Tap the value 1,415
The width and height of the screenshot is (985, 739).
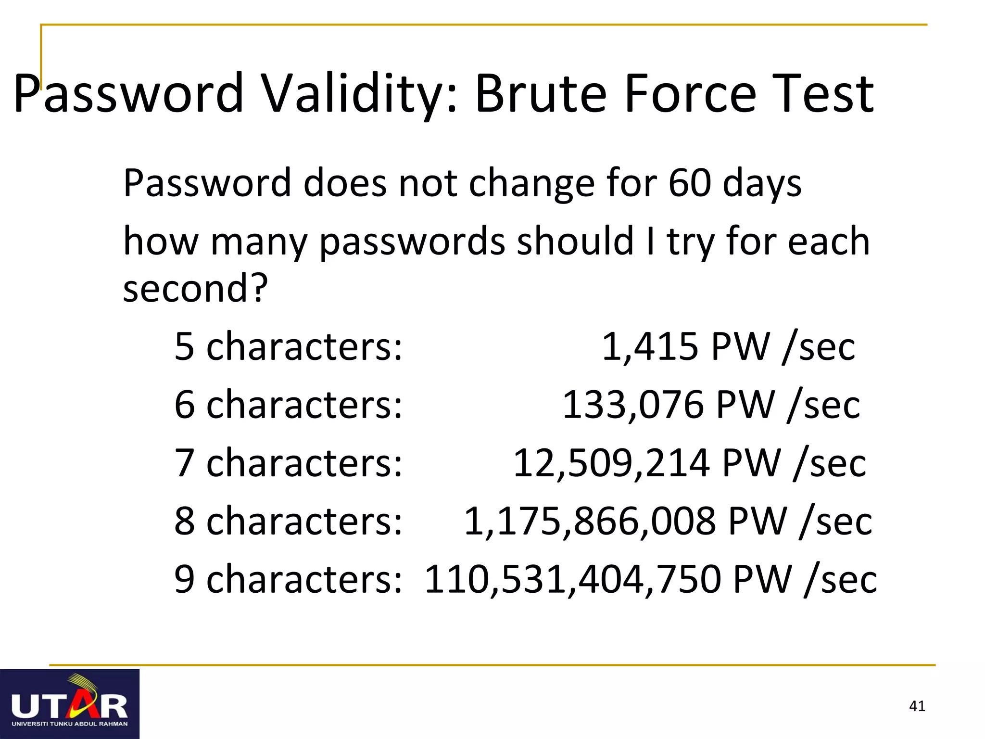[x=650, y=346]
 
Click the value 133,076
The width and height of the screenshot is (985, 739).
[x=633, y=405]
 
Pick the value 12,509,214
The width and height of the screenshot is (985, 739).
[x=611, y=463]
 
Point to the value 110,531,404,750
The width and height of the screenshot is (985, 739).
[x=572, y=579]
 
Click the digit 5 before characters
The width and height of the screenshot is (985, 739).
[x=184, y=346]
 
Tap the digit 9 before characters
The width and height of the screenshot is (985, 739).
[x=184, y=579]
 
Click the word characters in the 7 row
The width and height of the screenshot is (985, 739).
[x=304, y=463]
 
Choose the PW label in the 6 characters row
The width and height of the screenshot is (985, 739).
[x=745, y=405]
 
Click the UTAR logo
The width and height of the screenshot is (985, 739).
[x=70, y=704]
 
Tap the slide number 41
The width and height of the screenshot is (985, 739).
[x=917, y=706]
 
